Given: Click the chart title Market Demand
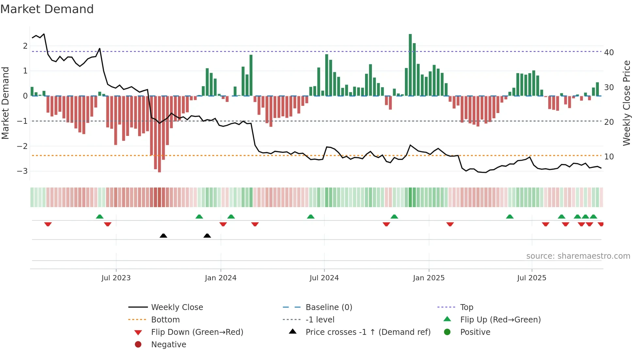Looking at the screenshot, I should tap(47, 9).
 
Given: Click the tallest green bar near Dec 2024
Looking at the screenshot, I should tap(410, 65).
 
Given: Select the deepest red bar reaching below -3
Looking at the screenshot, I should tap(159, 134).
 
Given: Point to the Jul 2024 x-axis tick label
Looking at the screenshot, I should tap(324, 278).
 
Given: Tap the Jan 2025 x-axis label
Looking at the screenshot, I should tap(428, 278).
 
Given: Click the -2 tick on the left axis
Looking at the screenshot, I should tap(22, 146).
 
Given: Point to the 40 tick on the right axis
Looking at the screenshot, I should tap(609, 52).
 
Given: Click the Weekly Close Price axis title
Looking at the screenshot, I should tap(626, 103).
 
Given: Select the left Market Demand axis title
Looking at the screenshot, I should tap(5, 103).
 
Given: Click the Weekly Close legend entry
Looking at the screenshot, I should tap(177, 307).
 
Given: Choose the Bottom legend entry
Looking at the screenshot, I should tap(165, 319).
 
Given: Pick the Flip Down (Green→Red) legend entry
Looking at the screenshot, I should tap(197, 332).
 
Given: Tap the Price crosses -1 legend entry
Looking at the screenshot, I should tap(368, 332).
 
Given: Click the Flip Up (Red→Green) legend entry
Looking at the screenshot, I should tap(500, 319).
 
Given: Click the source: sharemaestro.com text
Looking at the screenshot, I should tap(578, 256).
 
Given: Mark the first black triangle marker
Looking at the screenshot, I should tap(163, 236).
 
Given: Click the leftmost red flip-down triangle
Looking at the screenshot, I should tap(48, 224).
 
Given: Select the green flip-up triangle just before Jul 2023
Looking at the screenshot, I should tap(100, 217).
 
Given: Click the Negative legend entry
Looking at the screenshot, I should tap(168, 344).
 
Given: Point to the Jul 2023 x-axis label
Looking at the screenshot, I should tap(116, 278).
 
